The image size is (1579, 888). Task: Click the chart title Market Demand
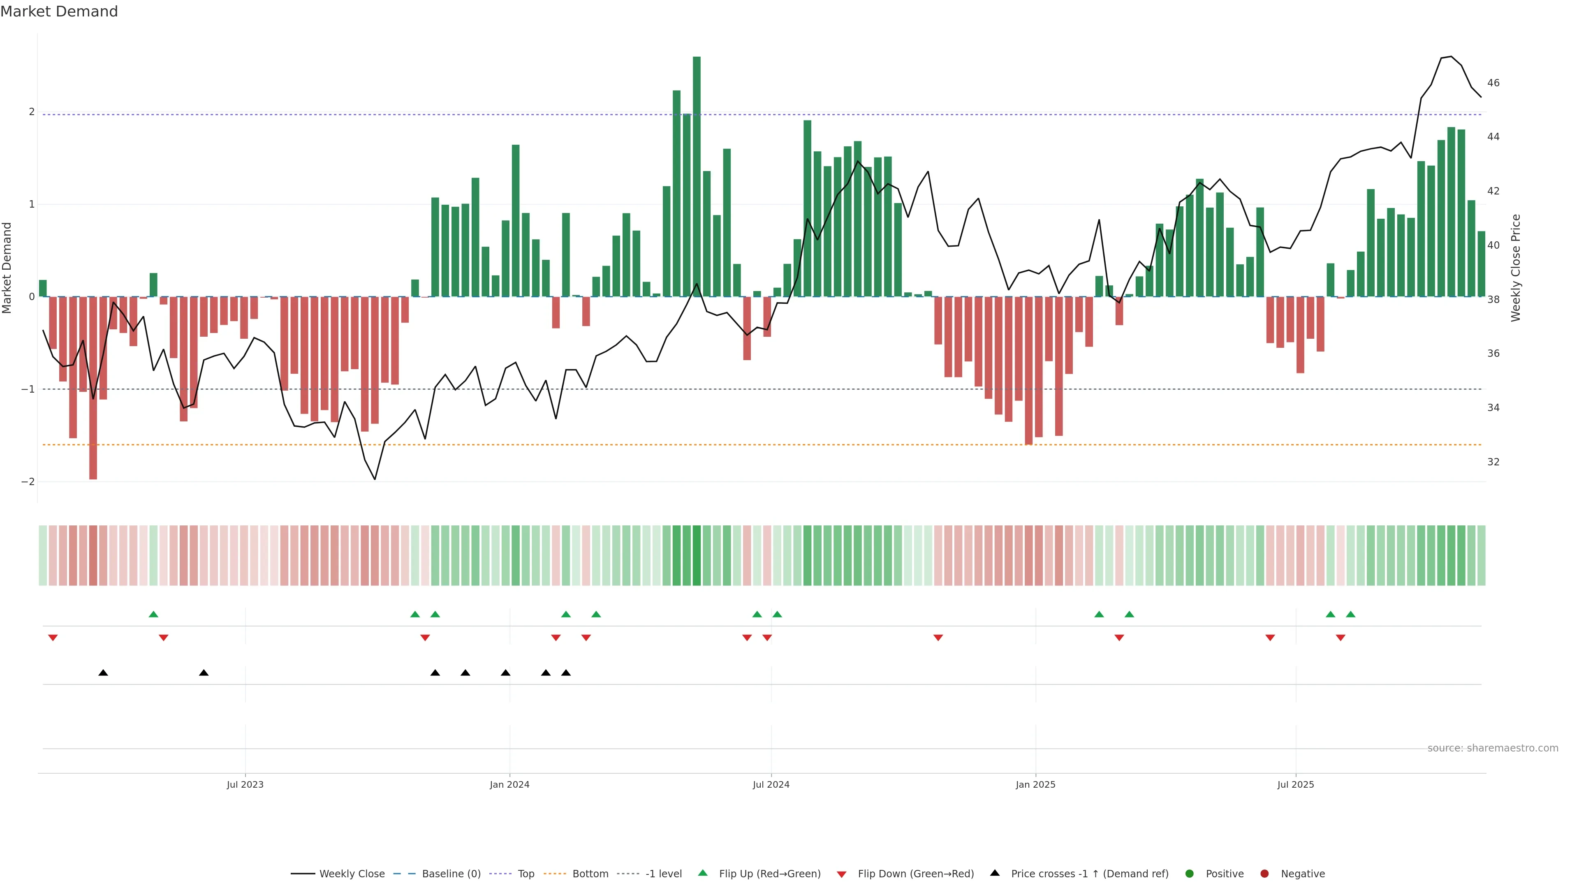[x=59, y=12]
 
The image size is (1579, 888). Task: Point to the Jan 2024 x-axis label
[x=509, y=784]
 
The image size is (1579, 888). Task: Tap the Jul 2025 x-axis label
[x=1295, y=784]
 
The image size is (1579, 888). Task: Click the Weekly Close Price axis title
[x=1516, y=268]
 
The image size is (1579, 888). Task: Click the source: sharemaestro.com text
[x=1493, y=748]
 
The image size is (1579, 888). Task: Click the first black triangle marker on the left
[x=103, y=673]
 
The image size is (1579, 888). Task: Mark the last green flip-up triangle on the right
[x=1350, y=614]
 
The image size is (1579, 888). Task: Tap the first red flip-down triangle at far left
[x=53, y=638]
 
